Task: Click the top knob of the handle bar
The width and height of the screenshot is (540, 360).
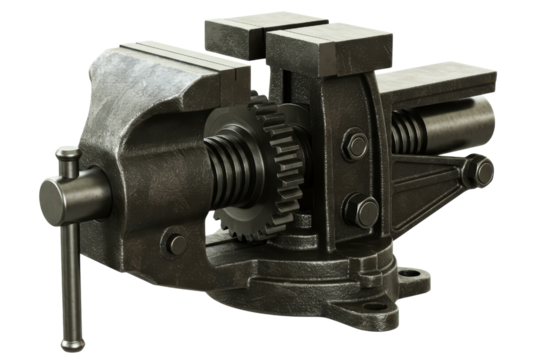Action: pos(66,155)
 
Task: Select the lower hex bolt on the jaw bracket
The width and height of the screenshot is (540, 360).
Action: pos(359,211)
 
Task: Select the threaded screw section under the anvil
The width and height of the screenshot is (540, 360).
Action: pos(408,131)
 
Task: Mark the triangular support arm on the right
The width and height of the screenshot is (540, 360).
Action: pos(430,185)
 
